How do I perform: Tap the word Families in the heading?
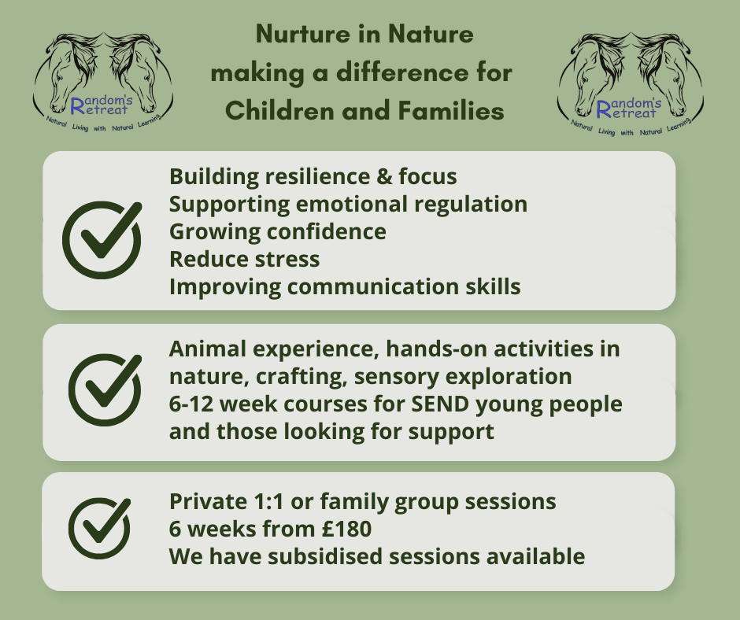coord(451,111)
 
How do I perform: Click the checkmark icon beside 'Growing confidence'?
coord(102,240)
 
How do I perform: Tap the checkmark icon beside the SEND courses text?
coord(105,389)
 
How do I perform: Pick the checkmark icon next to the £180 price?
coord(99,528)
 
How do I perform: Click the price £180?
coord(347,529)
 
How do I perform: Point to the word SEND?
coord(440,404)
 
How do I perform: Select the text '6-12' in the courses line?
coord(191,404)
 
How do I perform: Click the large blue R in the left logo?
coord(78,106)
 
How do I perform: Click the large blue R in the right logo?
coord(604,109)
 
